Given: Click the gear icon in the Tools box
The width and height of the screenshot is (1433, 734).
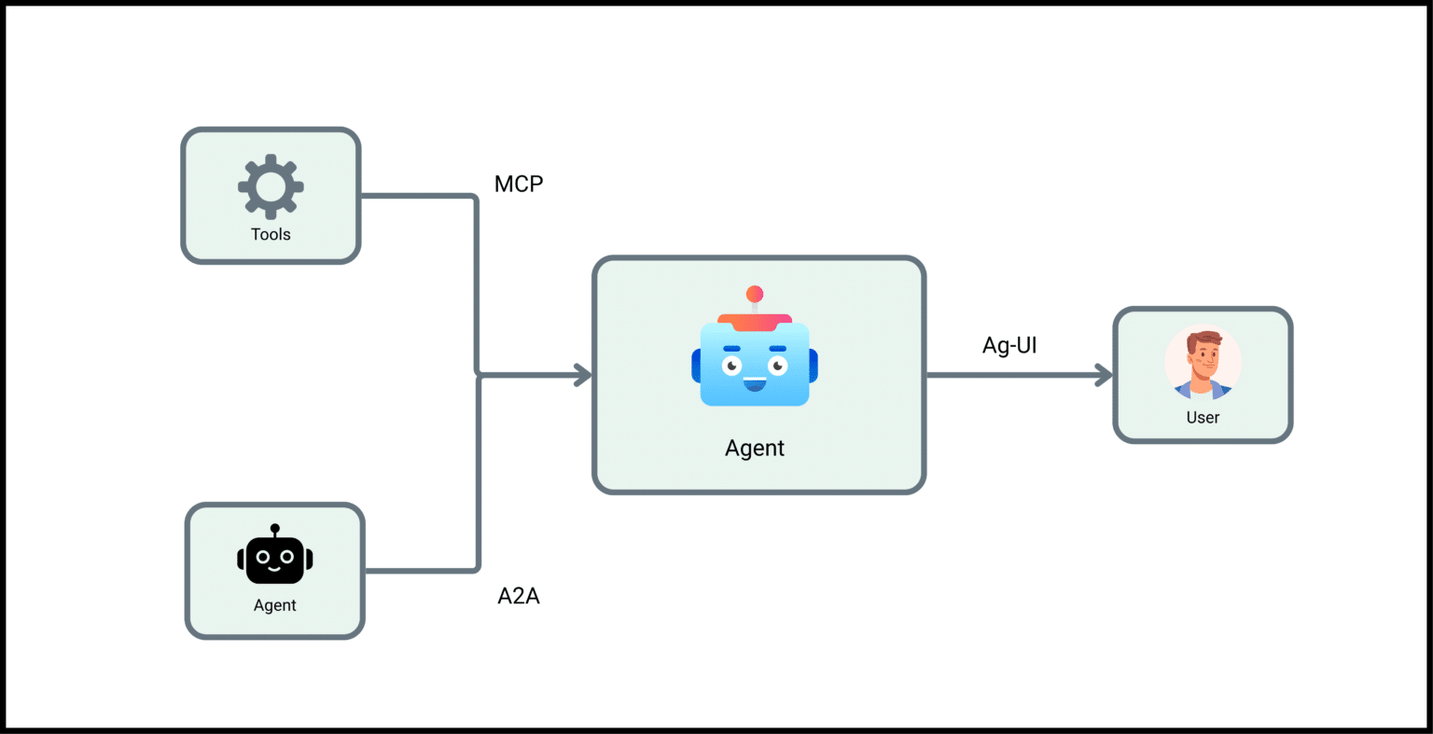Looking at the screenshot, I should tap(271, 187).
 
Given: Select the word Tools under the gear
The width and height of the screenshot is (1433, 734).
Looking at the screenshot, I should tap(271, 235).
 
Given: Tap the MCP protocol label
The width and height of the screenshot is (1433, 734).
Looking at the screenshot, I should tap(519, 184).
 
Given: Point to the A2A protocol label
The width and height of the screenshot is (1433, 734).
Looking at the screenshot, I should tap(519, 596).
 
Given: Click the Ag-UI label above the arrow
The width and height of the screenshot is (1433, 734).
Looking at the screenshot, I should tap(1009, 345).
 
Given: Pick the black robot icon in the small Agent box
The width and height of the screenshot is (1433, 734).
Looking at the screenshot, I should tap(275, 559).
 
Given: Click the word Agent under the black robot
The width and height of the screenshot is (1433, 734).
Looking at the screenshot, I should tap(275, 605).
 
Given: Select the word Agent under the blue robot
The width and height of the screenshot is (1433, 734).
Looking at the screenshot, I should tap(755, 449).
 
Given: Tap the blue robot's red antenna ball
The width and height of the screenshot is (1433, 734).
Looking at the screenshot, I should tap(755, 295).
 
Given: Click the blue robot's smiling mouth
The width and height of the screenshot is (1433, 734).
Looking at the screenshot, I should tap(755, 382).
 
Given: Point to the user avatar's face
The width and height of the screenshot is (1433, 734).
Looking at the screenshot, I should tap(1203, 360).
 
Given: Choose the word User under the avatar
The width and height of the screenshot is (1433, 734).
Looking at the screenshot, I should tap(1203, 418).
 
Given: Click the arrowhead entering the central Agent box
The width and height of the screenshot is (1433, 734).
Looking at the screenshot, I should tap(584, 376).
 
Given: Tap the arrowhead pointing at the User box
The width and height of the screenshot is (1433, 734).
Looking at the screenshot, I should tap(1105, 376).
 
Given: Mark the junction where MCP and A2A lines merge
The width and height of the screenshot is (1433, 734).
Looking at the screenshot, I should tap(479, 376).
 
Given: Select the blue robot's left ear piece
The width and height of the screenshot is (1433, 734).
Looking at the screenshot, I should tap(696, 365).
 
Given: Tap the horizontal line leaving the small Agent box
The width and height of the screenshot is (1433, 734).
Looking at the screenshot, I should tap(420, 570).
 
